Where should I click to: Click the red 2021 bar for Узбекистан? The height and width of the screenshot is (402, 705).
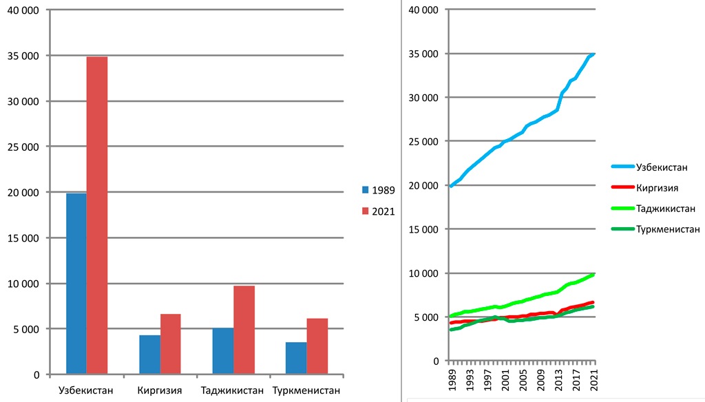pos(96,215)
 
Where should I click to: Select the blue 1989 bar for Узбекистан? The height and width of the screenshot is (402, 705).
pos(76,284)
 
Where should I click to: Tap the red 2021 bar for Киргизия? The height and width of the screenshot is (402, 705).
pos(170,344)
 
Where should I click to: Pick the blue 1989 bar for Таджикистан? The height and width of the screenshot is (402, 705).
pos(223,351)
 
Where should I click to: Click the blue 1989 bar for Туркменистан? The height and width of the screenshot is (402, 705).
pos(297,358)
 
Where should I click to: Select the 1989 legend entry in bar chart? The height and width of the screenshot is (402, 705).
pos(379,190)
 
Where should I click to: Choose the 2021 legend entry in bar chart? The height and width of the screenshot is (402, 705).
pos(379,211)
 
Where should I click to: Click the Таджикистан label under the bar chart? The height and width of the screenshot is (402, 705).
pos(232,391)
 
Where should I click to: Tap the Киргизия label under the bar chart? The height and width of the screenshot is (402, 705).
pos(160,391)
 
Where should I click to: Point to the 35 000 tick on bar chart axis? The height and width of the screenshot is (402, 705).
pos(23,56)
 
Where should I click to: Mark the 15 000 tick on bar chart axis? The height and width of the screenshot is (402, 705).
pos(23,238)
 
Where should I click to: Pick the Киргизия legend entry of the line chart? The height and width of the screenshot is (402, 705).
pos(658,187)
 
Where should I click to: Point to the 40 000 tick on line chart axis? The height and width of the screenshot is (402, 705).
pos(423,10)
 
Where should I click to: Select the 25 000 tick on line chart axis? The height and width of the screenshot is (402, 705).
pos(423,142)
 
